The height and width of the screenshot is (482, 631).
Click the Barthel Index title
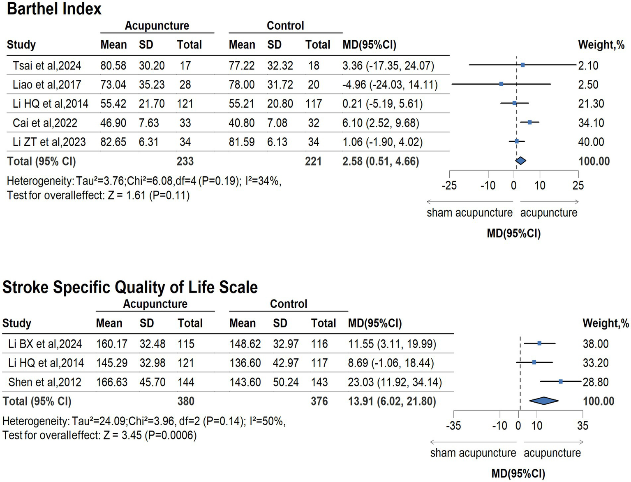coord(54,9)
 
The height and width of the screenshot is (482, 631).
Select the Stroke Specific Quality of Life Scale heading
coord(130,287)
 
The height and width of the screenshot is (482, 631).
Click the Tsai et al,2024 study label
coord(47,66)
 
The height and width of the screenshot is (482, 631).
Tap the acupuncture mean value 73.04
coord(113,85)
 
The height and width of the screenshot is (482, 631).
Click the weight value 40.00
coord(591,142)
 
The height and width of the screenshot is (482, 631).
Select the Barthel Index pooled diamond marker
coord(520,161)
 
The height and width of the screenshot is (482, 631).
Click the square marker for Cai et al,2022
coord(529,122)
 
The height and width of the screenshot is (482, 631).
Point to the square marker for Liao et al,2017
coord(501,84)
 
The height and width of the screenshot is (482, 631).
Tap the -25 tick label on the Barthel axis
coord(449,186)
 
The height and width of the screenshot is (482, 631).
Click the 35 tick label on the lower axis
coord(582,426)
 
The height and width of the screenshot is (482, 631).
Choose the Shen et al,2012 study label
coord(45,382)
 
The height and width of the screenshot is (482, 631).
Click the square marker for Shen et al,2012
coord(561,382)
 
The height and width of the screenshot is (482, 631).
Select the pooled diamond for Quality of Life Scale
coord(543,401)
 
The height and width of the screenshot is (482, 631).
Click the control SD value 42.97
coord(286,363)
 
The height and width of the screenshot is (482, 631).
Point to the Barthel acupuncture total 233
coord(185,161)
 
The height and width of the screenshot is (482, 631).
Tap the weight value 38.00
coord(595,344)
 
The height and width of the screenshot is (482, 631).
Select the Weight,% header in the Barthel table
coord(601,45)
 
